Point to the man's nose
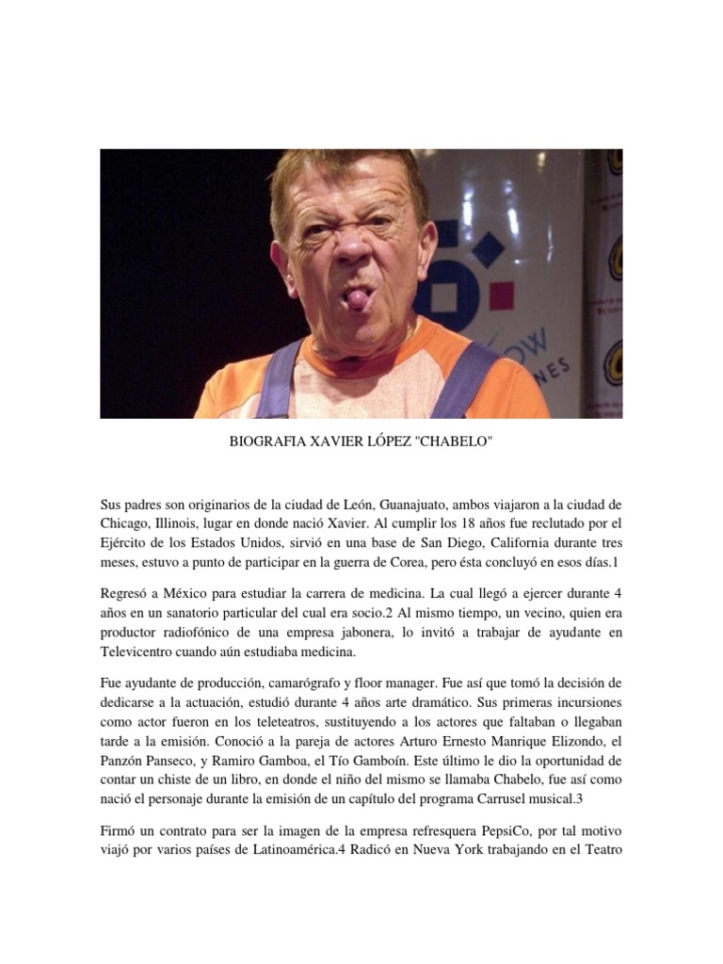tap(355, 247)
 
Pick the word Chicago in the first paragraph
tap(126, 524)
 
